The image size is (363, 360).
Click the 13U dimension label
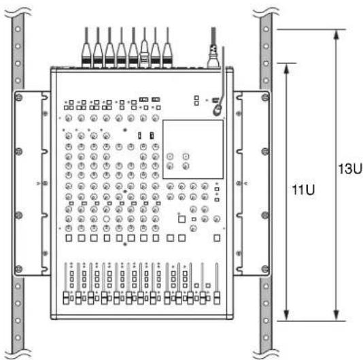click(x=350, y=169)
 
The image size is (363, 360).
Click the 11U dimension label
click(x=303, y=190)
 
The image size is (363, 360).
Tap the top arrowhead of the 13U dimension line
click(x=336, y=35)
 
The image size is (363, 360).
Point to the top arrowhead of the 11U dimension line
click(x=287, y=69)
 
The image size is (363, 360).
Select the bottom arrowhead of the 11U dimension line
click(x=287, y=316)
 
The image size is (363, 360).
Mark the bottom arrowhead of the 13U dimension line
click(x=336, y=316)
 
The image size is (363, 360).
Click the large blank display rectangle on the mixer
click(x=193, y=149)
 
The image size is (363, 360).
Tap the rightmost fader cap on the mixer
click(x=217, y=298)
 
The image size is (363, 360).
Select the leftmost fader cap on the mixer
click(x=66, y=298)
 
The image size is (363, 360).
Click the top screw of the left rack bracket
click(x=18, y=97)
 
